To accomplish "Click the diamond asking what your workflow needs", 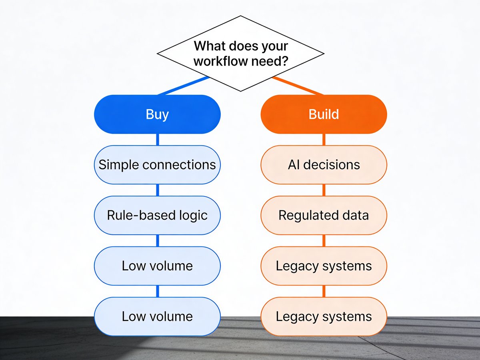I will (240, 53).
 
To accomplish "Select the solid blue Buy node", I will (157, 114).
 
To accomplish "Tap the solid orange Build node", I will (324, 114).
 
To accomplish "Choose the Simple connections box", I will (157, 165).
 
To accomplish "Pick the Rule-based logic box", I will (157, 215).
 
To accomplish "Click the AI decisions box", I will (324, 165).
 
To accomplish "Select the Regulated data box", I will (324, 215).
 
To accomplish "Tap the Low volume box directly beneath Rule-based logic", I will (157, 266).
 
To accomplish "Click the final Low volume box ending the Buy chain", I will (157, 316).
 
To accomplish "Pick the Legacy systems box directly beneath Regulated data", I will (324, 266).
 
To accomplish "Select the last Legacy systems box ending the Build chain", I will (324, 316).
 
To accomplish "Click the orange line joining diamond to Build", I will (298, 86).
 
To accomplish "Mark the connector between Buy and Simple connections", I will (157, 140).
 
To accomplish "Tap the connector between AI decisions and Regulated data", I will (324, 190).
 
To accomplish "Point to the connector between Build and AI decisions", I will (324, 140).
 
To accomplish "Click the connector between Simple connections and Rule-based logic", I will (157, 190).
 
